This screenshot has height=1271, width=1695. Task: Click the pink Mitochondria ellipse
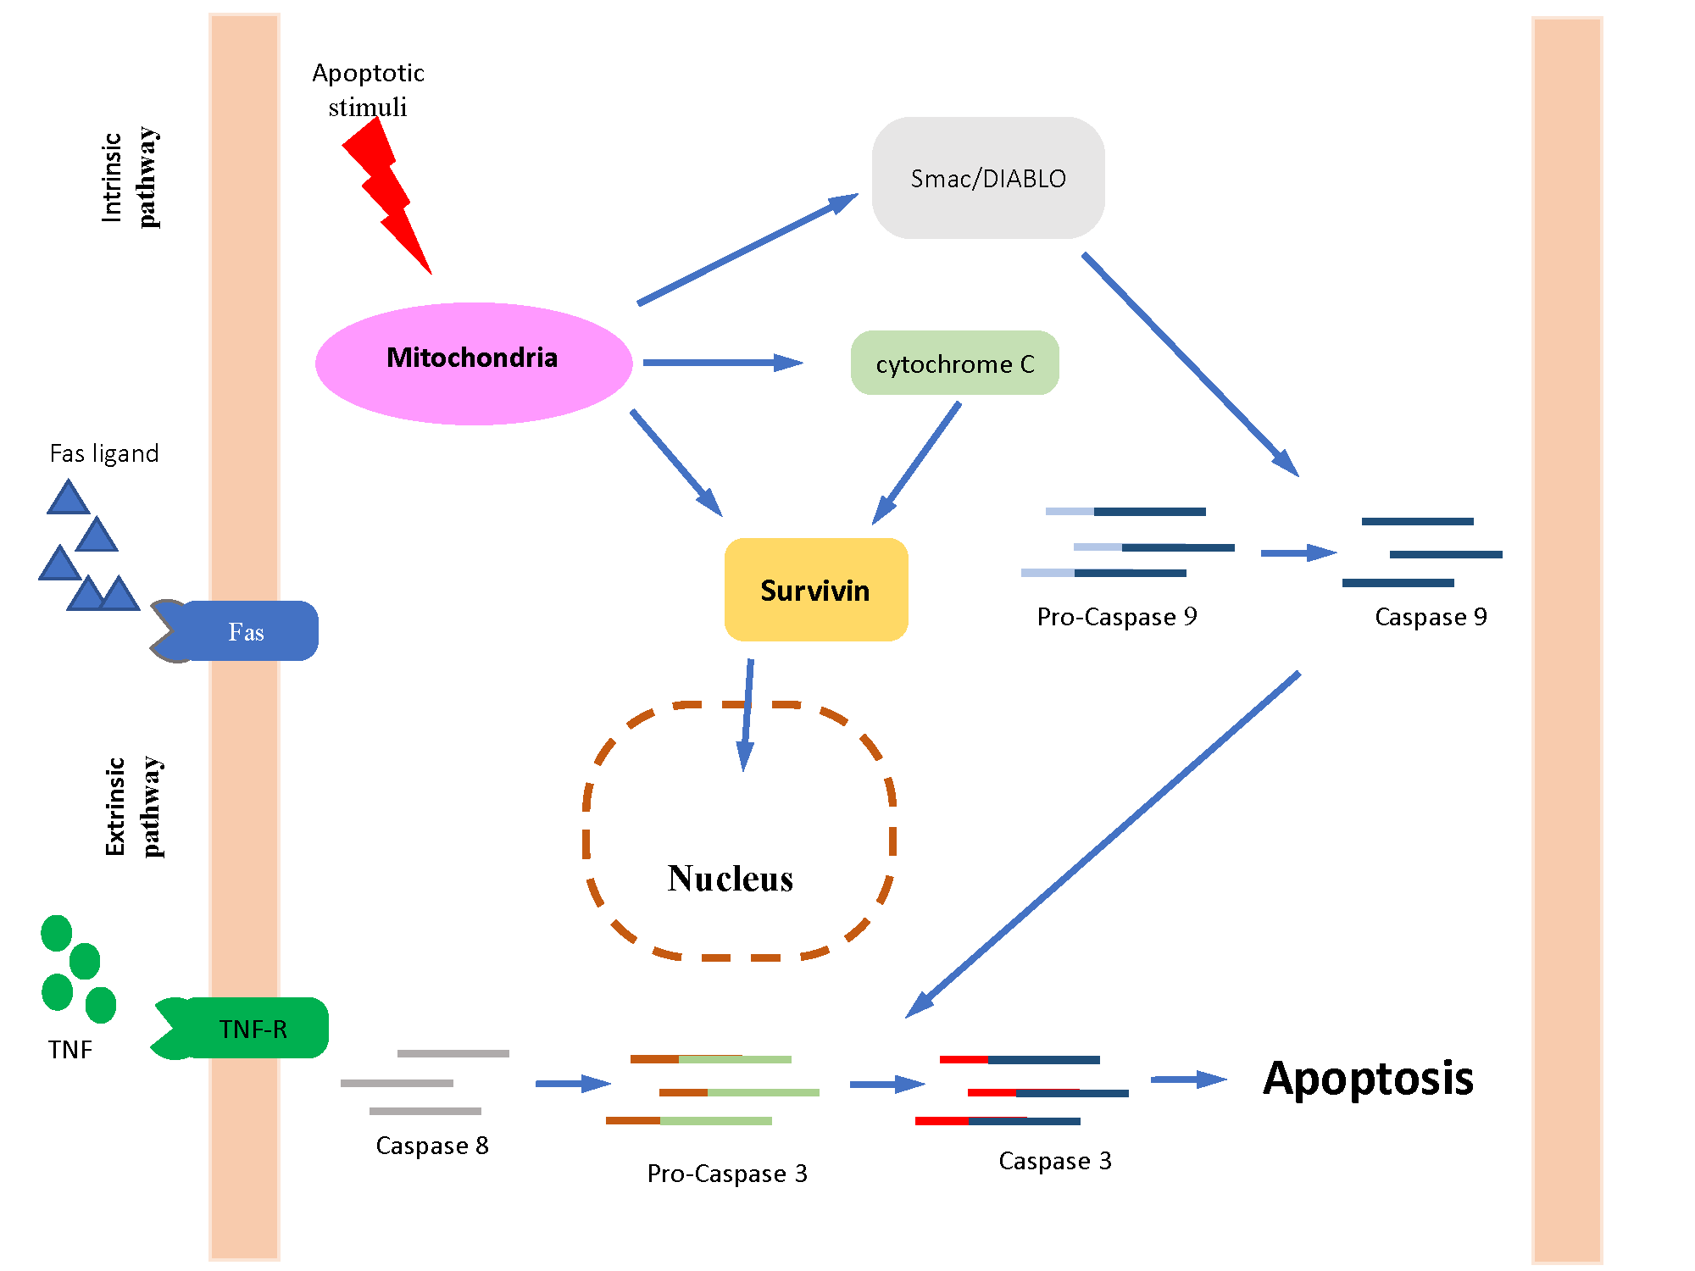coord(473,364)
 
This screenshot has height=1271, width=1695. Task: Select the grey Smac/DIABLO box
coord(988,178)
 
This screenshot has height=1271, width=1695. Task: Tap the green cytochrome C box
coord(954,364)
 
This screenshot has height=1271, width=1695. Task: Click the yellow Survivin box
coord(815,590)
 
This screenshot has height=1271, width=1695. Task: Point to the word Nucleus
coord(730,879)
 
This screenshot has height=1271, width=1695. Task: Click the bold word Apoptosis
coord(1368,1079)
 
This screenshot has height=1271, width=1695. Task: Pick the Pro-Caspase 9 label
coord(1116,617)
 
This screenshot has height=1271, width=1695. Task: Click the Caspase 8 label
coord(431,1146)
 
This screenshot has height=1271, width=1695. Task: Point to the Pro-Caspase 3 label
coord(726,1174)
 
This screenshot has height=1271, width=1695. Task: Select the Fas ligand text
coord(103,453)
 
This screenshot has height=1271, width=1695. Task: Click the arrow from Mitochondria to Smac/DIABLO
coord(746,249)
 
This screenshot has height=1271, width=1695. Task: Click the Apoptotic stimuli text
coord(368,90)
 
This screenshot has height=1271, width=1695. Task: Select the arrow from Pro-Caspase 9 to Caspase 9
coord(1298,553)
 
